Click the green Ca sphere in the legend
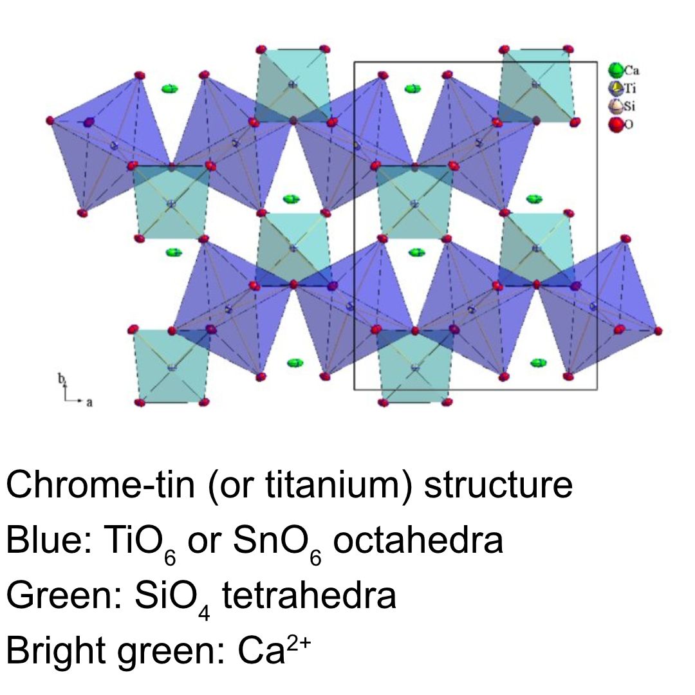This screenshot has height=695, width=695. pyautogui.click(x=615, y=69)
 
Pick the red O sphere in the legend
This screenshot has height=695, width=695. pyautogui.click(x=615, y=124)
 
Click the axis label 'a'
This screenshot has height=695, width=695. pyautogui.click(x=89, y=402)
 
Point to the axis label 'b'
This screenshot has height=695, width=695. pyautogui.click(x=62, y=379)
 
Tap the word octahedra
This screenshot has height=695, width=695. pyautogui.click(x=418, y=541)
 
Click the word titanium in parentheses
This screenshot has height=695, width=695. pyautogui.click(x=334, y=485)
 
